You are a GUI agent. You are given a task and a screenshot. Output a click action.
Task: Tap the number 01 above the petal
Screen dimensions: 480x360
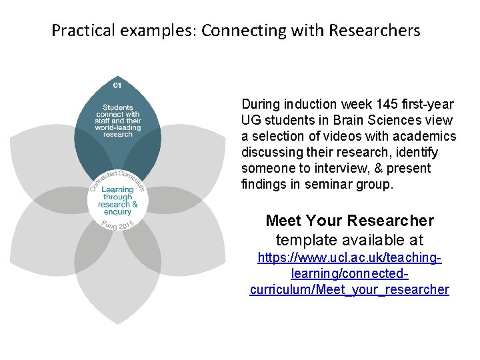pyautogui.click(x=117, y=86)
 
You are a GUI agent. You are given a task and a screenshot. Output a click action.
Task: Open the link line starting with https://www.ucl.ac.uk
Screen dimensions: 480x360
pyautogui.click(x=350, y=258)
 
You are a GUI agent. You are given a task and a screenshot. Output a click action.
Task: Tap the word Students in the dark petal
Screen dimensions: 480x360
pyautogui.click(x=117, y=107)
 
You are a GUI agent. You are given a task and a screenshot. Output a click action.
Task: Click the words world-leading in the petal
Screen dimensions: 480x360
pyautogui.click(x=117, y=127)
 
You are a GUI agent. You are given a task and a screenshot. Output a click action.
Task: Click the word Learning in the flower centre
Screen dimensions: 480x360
pyautogui.click(x=117, y=189)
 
